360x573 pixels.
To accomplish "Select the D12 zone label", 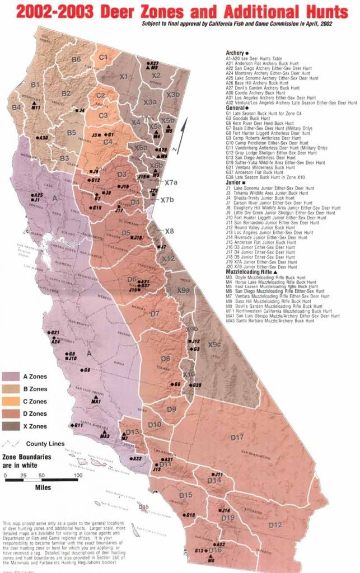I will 274,525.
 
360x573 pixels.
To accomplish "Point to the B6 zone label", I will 76,59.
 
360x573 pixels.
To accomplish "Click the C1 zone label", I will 104,57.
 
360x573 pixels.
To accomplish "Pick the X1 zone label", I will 124,76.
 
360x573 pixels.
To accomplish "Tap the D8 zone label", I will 166,359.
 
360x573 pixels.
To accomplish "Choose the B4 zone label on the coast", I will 16,107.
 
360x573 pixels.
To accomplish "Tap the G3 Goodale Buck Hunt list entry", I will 253,119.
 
